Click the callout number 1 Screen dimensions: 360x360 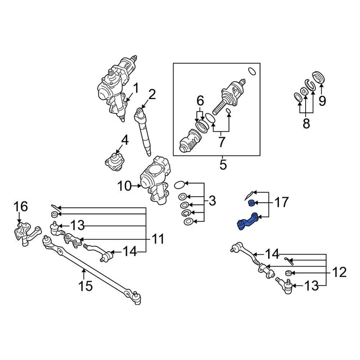(x=136, y=89)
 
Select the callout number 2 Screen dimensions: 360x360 (x=151, y=95)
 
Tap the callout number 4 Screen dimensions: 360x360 (x=124, y=141)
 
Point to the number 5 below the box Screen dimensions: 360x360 (x=223, y=165)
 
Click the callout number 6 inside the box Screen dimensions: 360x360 (x=200, y=100)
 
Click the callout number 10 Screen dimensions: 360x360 (x=124, y=186)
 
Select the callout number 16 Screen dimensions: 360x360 (x=21, y=207)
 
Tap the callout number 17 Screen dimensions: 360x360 (x=281, y=203)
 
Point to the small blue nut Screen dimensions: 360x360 (x=252, y=203)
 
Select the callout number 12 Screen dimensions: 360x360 (x=339, y=272)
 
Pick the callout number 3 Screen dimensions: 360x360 (x=212, y=201)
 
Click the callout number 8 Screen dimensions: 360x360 (x=306, y=123)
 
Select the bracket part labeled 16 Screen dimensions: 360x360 (x=25, y=234)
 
